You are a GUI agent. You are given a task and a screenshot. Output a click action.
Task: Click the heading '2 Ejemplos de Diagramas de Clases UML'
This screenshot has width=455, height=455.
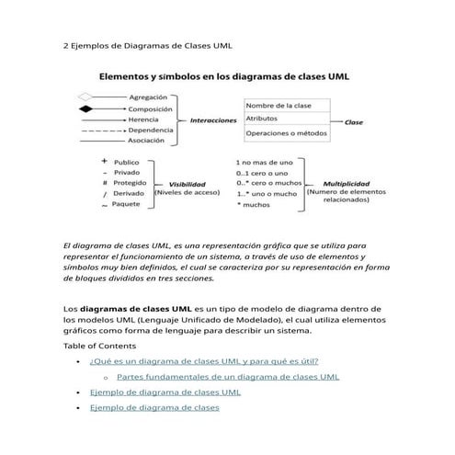tap(133, 44)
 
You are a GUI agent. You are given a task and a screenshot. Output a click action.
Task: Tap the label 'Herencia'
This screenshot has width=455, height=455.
tap(142, 119)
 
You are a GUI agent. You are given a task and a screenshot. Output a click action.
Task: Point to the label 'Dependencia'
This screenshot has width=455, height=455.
tap(149, 131)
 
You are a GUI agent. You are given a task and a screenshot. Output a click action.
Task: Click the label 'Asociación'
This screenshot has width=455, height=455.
tap(146, 142)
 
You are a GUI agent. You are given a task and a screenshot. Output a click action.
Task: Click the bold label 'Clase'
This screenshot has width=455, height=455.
tap(353, 121)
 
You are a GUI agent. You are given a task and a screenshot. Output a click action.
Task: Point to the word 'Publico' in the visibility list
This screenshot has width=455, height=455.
tap(126, 162)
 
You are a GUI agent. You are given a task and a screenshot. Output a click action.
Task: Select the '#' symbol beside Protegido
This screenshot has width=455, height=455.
tap(105, 183)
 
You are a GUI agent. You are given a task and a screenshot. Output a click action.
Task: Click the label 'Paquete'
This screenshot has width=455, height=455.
tap(126, 204)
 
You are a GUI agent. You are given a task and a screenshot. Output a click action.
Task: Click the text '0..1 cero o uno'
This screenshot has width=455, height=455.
tap(263, 172)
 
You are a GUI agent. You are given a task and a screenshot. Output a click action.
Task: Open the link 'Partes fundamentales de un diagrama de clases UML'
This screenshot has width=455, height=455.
tap(228, 376)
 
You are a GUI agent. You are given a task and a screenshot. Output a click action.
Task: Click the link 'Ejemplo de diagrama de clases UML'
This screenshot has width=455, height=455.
tap(165, 392)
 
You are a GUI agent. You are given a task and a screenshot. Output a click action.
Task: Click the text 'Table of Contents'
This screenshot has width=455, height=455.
tap(99, 346)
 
